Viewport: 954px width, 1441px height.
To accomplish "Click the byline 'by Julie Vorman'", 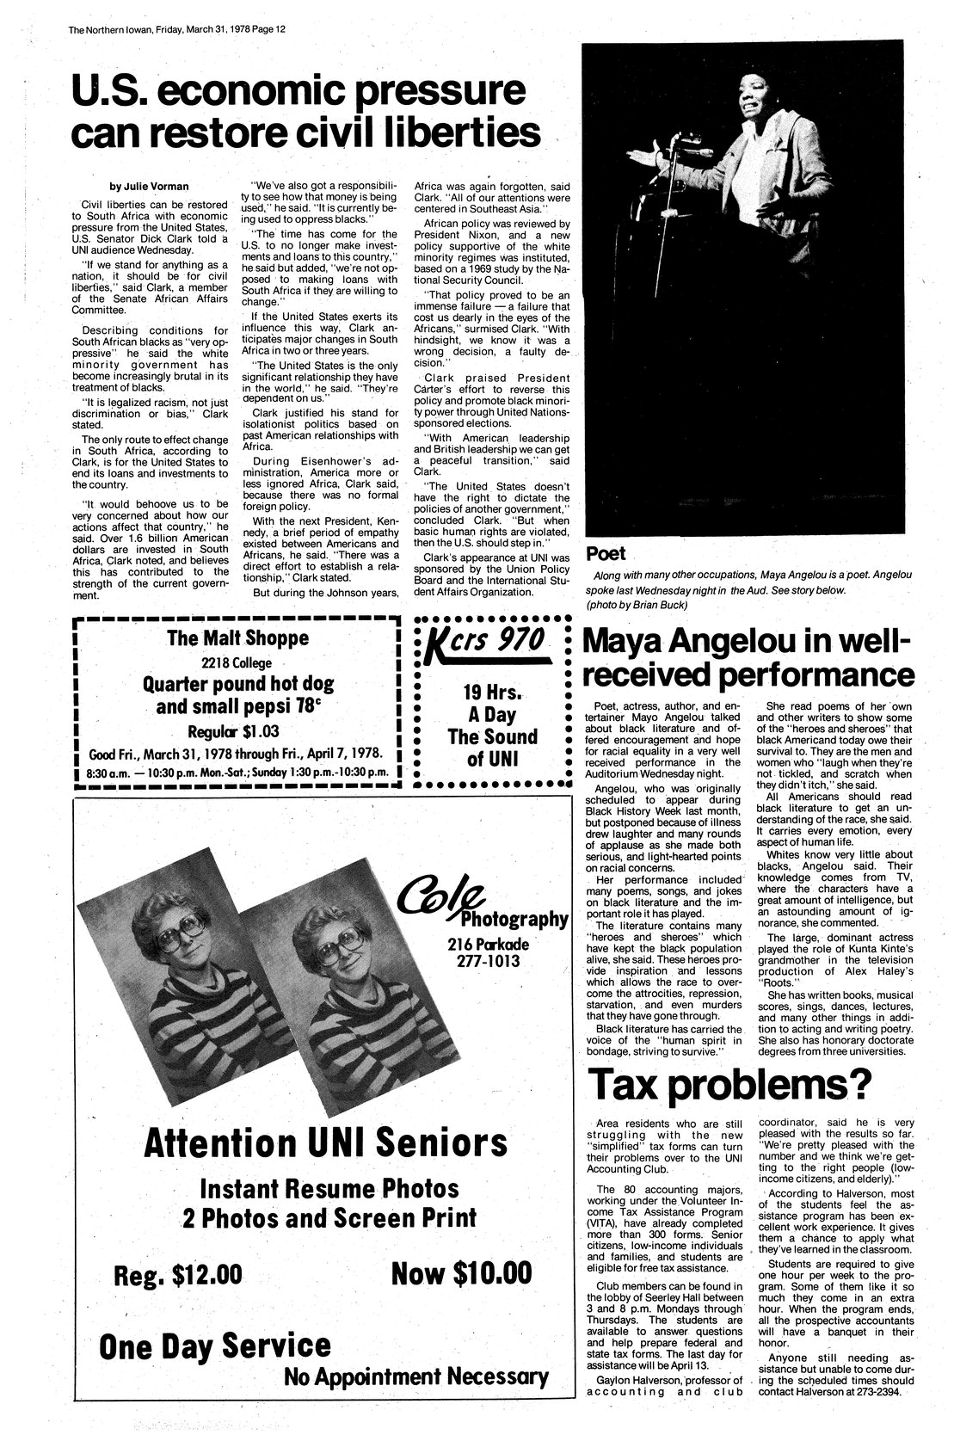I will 144,186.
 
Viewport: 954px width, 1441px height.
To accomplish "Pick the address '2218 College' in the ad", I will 237,662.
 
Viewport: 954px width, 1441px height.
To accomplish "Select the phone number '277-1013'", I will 488,960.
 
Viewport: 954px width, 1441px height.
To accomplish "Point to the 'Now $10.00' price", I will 461,1272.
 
